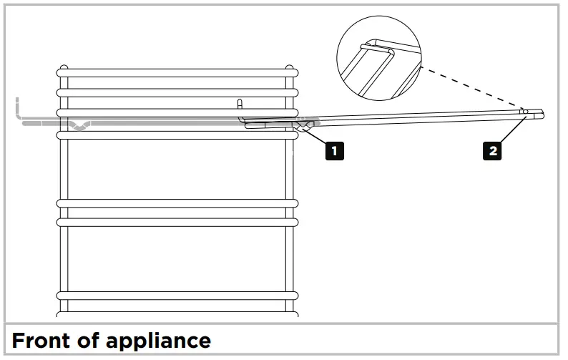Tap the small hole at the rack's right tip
tap(526, 112)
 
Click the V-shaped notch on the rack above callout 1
tap(303, 127)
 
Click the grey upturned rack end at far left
tap(17, 109)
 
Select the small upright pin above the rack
tap(241, 104)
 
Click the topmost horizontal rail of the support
tap(177, 72)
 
